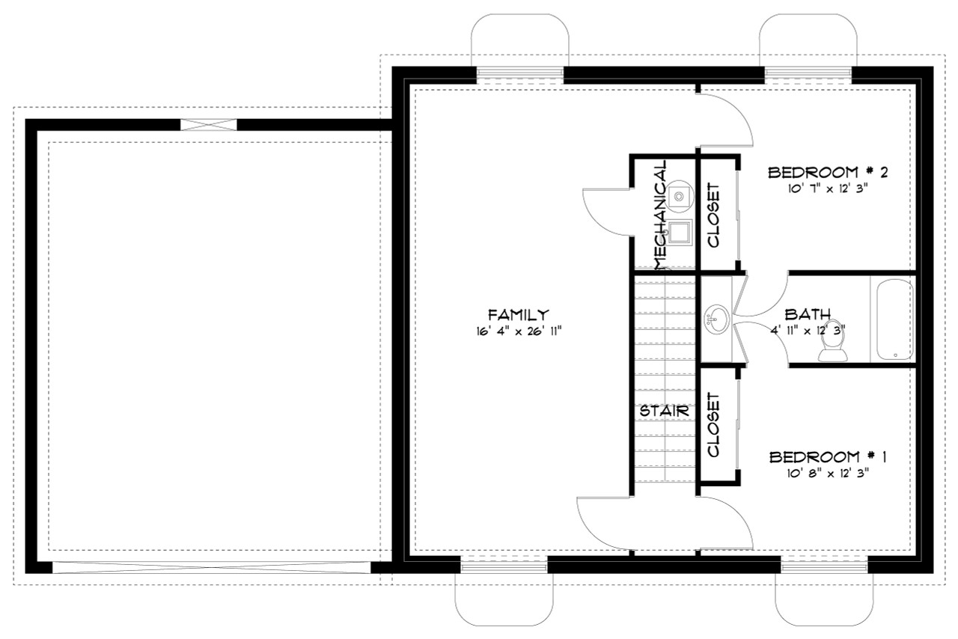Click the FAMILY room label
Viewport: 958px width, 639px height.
[x=519, y=315]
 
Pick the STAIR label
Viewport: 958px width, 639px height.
[x=663, y=411]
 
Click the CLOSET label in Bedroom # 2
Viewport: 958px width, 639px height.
[x=713, y=215]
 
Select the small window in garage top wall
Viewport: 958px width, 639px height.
[x=209, y=125]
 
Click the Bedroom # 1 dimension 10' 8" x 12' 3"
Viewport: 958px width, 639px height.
[x=828, y=472]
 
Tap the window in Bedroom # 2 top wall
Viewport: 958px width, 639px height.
[x=808, y=73]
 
